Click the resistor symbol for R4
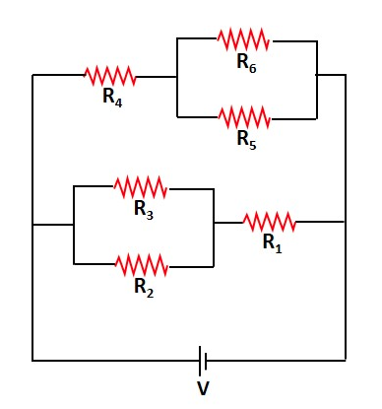(x=109, y=75)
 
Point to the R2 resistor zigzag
(x=142, y=264)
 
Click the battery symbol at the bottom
(x=203, y=359)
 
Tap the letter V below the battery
(x=203, y=388)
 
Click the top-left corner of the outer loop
(x=33, y=75)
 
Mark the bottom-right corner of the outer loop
(x=346, y=359)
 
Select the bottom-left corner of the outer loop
(x=33, y=359)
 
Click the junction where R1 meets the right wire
(x=346, y=222)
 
